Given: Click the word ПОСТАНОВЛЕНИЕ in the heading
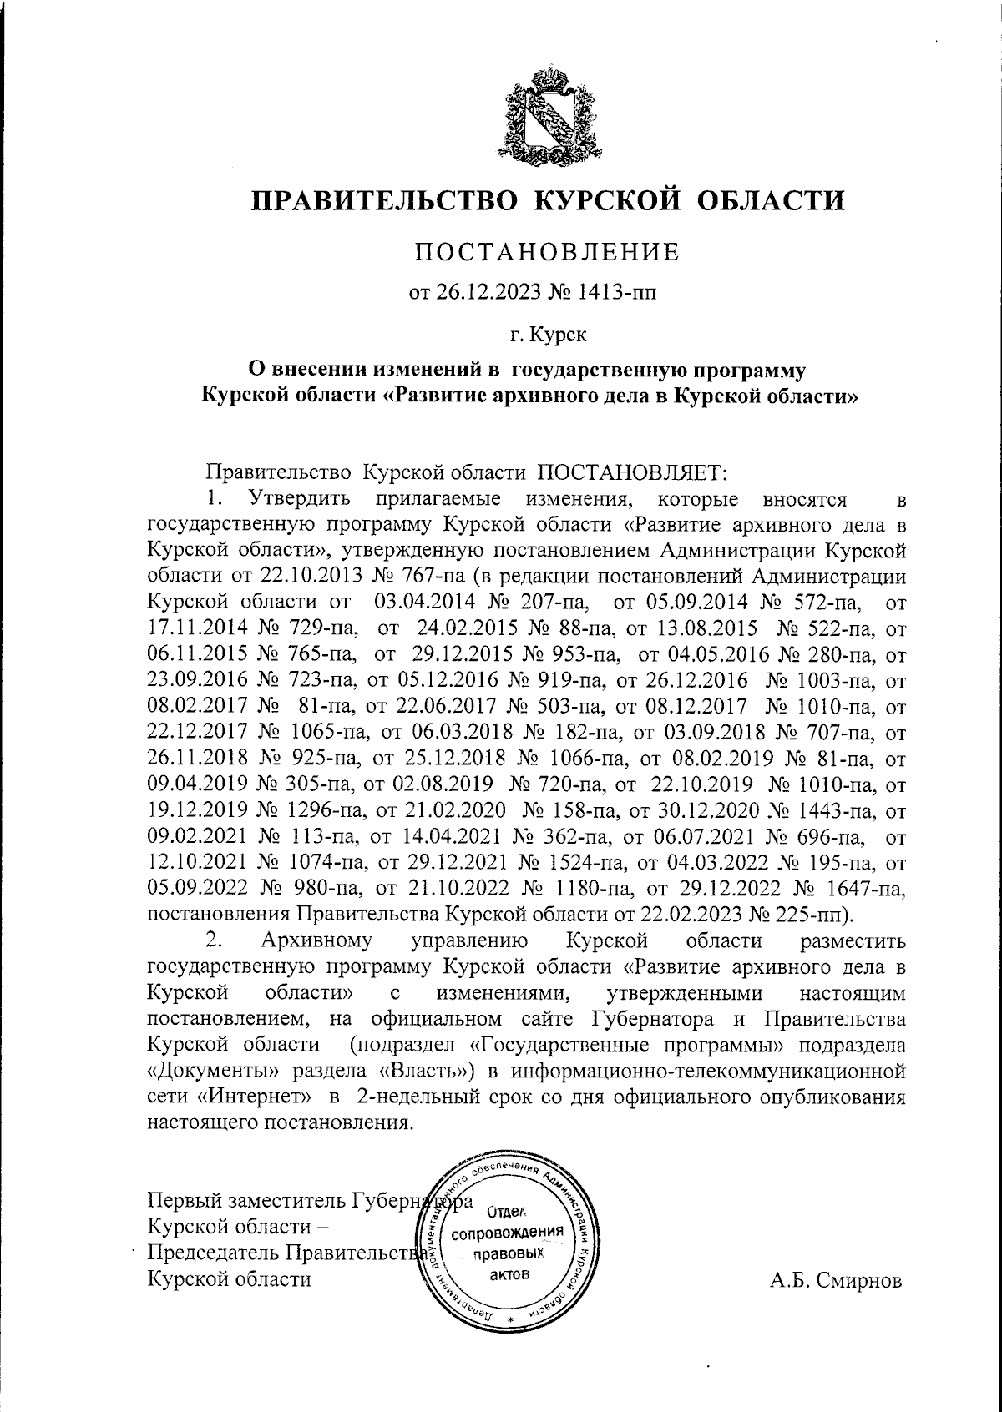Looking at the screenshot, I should pyautogui.click(x=549, y=250).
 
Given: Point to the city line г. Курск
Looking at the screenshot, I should pyautogui.click(x=549, y=335).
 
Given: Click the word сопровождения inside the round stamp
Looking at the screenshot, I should pyautogui.click(x=509, y=1233).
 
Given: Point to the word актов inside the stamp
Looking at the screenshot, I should pyautogui.click(x=509, y=1276).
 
